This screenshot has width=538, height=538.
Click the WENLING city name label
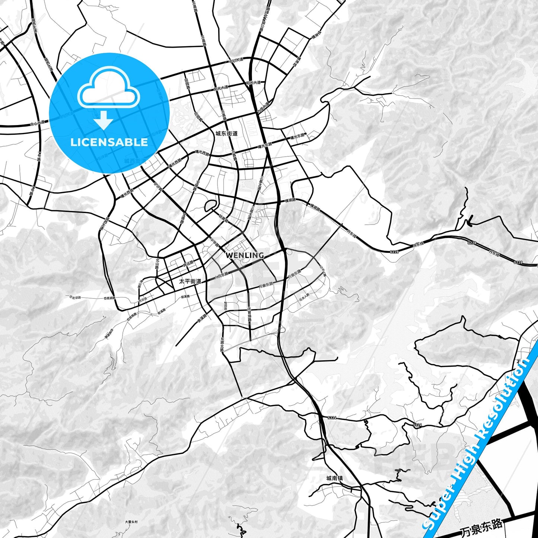coord(245,255)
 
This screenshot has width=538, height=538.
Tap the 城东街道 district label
coord(226,133)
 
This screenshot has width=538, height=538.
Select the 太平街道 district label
coord(190,281)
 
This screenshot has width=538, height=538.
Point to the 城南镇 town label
coord(334,478)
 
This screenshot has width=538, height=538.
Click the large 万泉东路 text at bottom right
coord(481,528)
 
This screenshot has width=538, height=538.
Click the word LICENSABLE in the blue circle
coord(109,142)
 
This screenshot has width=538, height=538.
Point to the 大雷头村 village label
coord(131,522)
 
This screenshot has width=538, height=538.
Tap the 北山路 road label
coord(157,264)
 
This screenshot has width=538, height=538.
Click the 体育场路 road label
coord(249,315)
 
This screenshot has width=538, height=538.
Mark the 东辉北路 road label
coord(222,344)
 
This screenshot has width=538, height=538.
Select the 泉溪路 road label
coord(202,318)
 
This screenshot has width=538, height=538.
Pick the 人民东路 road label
coord(221,276)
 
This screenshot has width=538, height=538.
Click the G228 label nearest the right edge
coord(518,262)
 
